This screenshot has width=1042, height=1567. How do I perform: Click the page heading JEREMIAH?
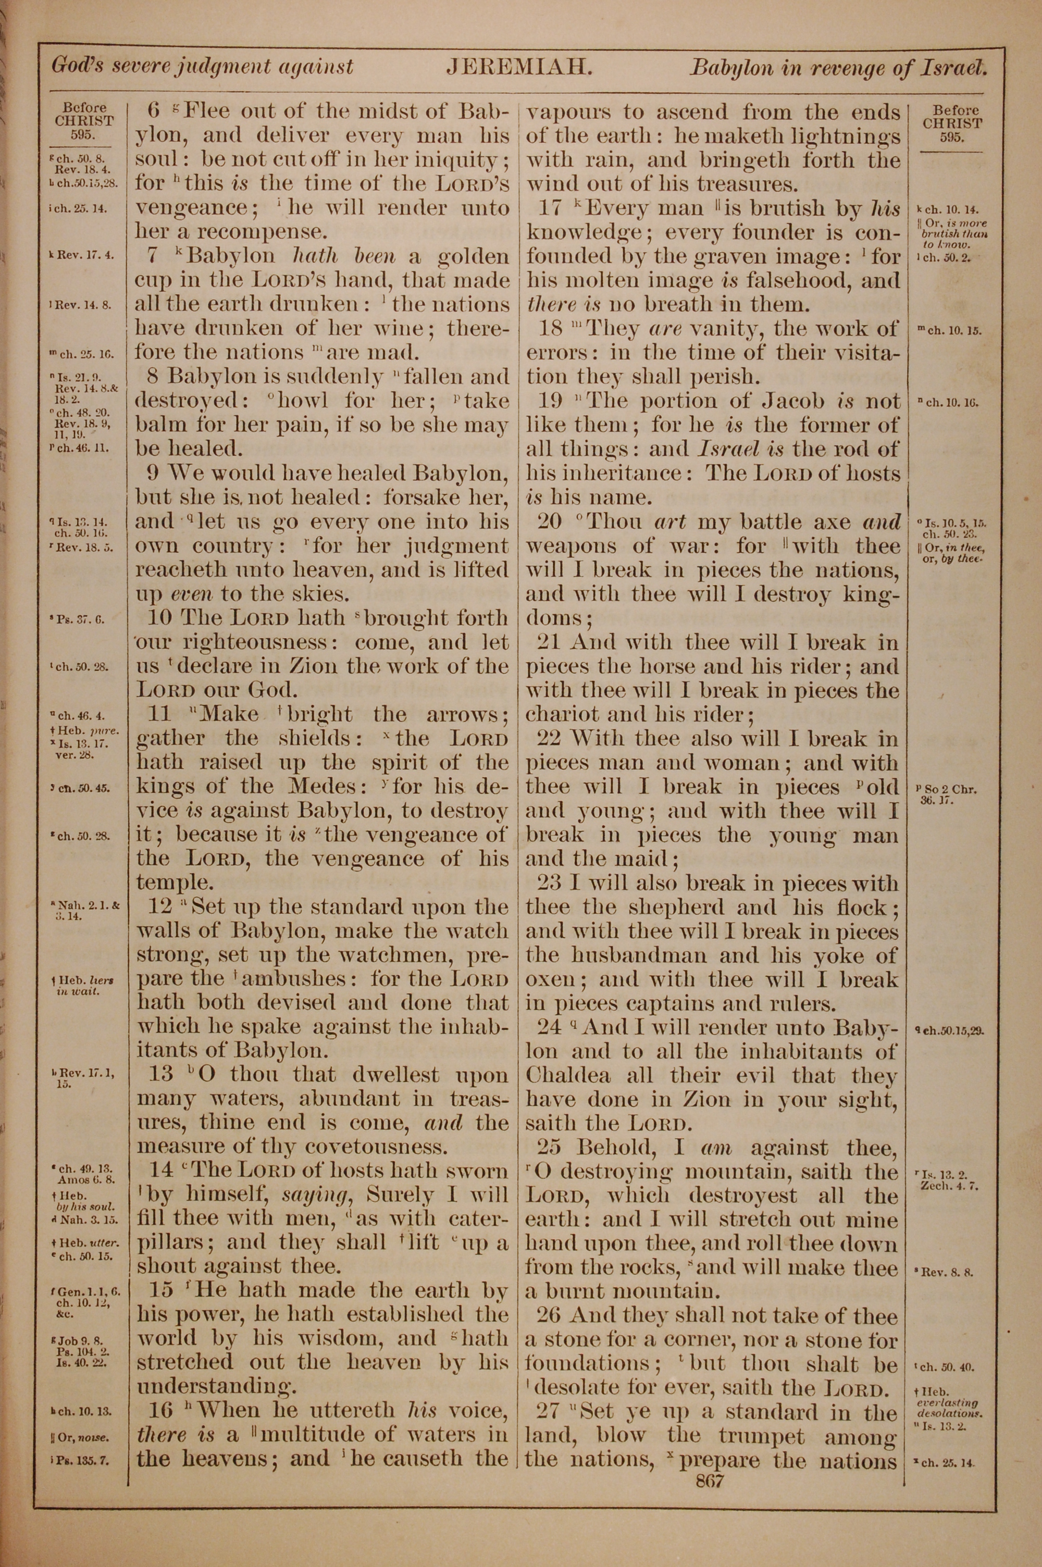point(518,67)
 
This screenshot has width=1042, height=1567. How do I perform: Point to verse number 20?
point(549,522)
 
